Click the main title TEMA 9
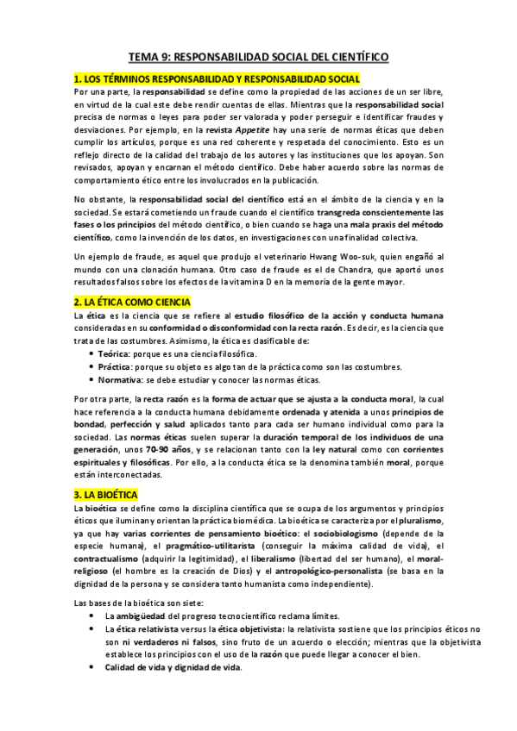point(258,57)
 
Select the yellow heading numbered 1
point(205,78)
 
